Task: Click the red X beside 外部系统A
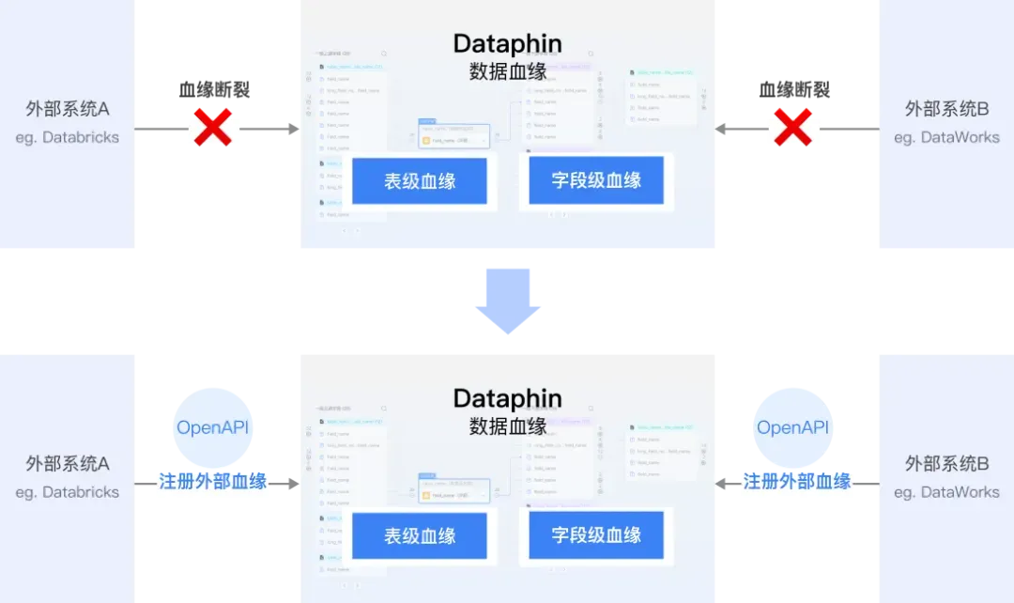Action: click(x=213, y=128)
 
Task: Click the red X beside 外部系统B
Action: click(x=792, y=128)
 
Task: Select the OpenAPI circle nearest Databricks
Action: click(x=213, y=427)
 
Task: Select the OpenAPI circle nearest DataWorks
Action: click(x=792, y=427)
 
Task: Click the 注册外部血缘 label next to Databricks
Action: click(x=213, y=482)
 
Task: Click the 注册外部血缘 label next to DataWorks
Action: click(x=797, y=482)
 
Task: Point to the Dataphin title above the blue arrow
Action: click(x=507, y=43)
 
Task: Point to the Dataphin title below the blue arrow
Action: click(x=507, y=397)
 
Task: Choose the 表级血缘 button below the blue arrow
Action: click(x=420, y=535)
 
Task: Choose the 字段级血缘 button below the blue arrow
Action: click(x=596, y=535)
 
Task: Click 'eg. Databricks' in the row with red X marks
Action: click(x=68, y=137)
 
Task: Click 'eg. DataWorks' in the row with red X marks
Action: click(x=946, y=137)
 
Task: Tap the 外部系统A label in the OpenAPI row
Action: click(x=68, y=464)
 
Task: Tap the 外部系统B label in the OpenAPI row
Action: click(x=946, y=464)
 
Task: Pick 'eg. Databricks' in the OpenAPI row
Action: click(x=68, y=492)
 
